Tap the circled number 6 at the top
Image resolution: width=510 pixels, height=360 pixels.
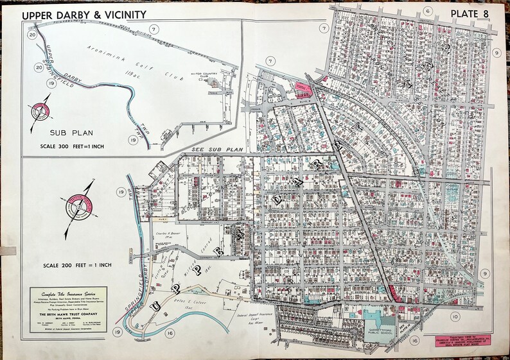(426, 11)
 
